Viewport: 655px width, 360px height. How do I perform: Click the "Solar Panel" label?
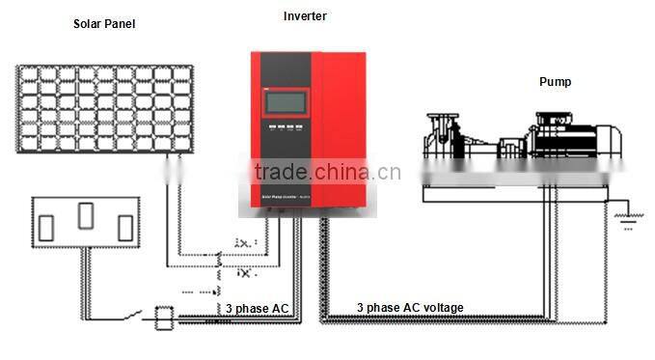[103, 24]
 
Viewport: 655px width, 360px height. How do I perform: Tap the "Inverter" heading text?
[305, 16]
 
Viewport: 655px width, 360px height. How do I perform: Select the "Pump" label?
[555, 82]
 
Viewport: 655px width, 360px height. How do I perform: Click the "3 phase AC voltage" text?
[410, 308]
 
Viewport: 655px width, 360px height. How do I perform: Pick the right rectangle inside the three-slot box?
[123, 228]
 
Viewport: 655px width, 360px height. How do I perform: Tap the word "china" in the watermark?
[345, 173]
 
